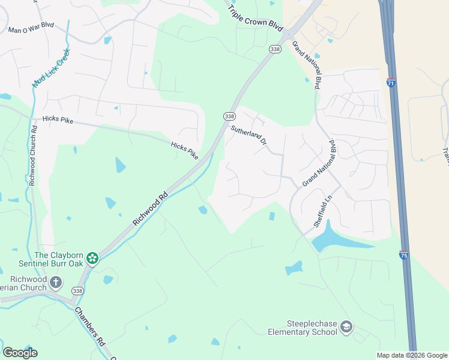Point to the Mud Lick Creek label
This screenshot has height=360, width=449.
pyautogui.click(x=52, y=69)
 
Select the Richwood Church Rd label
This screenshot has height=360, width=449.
pyautogui.click(x=34, y=155)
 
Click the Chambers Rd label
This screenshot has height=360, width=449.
pyautogui.click(x=89, y=326)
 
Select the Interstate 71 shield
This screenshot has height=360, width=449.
pyautogui.click(x=391, y=84)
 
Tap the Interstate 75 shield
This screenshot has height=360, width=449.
pyautogui.click(x=404, y=256)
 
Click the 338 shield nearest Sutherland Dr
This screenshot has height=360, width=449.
pyautogui.click(x=229, y=116)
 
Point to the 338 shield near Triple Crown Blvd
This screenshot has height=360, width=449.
pyautogui.click(x=275, y=50)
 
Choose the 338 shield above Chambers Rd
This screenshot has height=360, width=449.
pyautogui.click(x=77, y=292)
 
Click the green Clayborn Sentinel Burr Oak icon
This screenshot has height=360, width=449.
pyautogui.click(x=92, y=259)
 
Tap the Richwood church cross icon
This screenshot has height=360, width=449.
pyautogui.click(x=56, y=281)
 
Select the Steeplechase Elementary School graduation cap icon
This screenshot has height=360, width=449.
pyautogui.click(x=346, y=327)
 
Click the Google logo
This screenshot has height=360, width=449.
pyautogui.click(x=20, y=353)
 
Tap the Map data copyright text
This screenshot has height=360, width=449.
pyautogui.click(x=412, y=355)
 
